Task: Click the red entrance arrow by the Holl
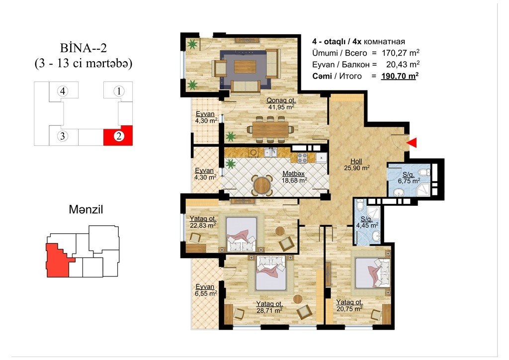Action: point(412,143)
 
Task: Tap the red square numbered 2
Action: point(118,135)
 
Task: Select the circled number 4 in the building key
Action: point(63,91)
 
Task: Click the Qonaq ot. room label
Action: point(281,100)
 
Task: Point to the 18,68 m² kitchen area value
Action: point(294,180)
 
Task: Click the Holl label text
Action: point(356,161)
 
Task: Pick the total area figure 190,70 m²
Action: point(400,76)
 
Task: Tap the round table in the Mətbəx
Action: point(262,185)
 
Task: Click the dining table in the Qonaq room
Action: point(270,129)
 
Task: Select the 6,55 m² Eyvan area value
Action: point(206,293)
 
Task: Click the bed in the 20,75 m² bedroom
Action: point(372,273)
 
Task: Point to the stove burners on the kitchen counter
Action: point(302,158)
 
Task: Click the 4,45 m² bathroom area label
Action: point(367,225)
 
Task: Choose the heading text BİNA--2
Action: point(84,48)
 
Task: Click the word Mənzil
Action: point(85,209)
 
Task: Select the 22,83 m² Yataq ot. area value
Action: point(203,226)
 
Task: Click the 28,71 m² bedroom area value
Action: point(269,311)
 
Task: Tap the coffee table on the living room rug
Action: point(245,67)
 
